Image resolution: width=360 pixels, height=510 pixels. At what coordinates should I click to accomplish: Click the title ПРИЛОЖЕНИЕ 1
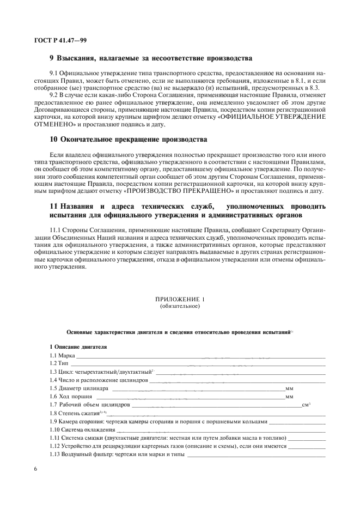(x=180, y=299)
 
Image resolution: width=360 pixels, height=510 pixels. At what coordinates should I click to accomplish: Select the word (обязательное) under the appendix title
(x=180, y=306)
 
